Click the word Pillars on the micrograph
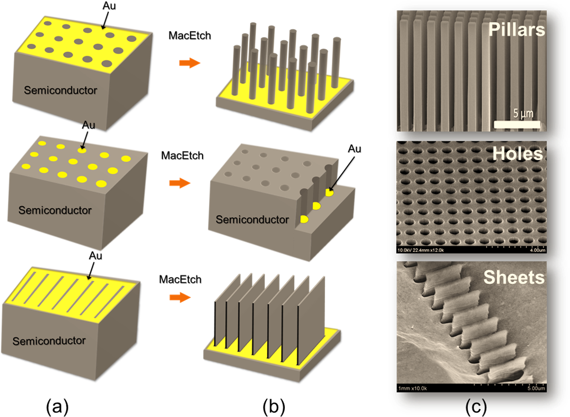coord(517,30)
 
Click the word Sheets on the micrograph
coord(514,277)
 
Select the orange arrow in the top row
coord(189,64)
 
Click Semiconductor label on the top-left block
coord(60,91)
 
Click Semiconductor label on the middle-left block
coord(55,210)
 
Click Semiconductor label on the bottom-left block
coord(49,341)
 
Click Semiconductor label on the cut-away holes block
coord(252,219)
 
